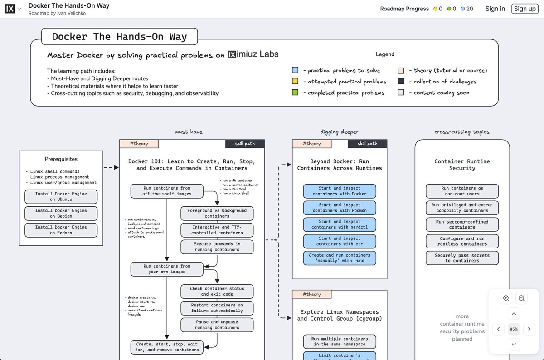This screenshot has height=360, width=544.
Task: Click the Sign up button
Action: pos(525,9)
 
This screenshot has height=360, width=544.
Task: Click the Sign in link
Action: pos(495,9)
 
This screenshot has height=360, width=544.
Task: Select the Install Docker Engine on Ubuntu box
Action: pos(61,196)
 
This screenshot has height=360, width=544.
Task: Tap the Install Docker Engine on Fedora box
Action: pos(61,230)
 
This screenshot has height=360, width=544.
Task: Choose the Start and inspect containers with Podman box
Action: pos(340,208)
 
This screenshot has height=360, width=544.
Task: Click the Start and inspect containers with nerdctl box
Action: pos(340,224)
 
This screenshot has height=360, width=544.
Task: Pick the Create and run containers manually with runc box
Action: pos(340,258)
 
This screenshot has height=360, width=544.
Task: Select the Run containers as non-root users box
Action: pos(462,191)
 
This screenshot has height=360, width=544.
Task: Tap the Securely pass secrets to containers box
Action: pos(462,258)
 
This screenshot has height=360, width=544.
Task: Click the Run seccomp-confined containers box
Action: pos(462,224)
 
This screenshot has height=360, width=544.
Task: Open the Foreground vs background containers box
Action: pos(217,213)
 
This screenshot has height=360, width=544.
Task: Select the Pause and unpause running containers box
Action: pos(217,325)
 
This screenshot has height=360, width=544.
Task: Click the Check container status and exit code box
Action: pos(217,291)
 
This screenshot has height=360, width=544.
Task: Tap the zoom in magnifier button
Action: pos(506,298)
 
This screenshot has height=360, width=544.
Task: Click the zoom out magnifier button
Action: pos(521,298)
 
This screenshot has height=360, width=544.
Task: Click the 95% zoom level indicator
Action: pos(514,329)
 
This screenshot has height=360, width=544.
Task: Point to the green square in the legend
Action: pos(295,92)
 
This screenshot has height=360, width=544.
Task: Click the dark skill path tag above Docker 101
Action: pos(244,144)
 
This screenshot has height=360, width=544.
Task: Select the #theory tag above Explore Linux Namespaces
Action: pos(311,294)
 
